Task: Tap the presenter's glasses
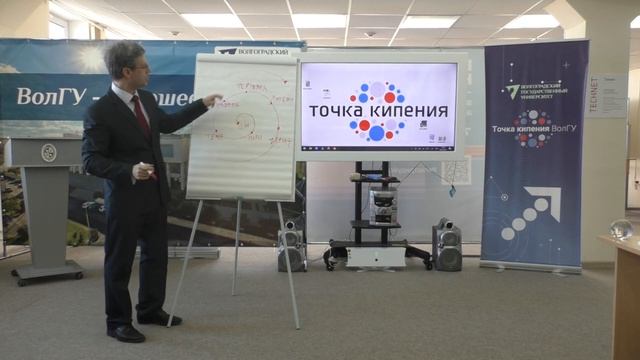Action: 138,67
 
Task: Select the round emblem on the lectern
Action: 49,153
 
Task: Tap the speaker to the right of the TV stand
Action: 446,244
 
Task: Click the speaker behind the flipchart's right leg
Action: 291,245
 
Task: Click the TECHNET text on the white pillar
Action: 620,95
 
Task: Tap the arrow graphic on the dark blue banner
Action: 531,214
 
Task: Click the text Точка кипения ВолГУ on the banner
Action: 534,128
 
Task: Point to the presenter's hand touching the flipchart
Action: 213,101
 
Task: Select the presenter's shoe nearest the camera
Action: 126,333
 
